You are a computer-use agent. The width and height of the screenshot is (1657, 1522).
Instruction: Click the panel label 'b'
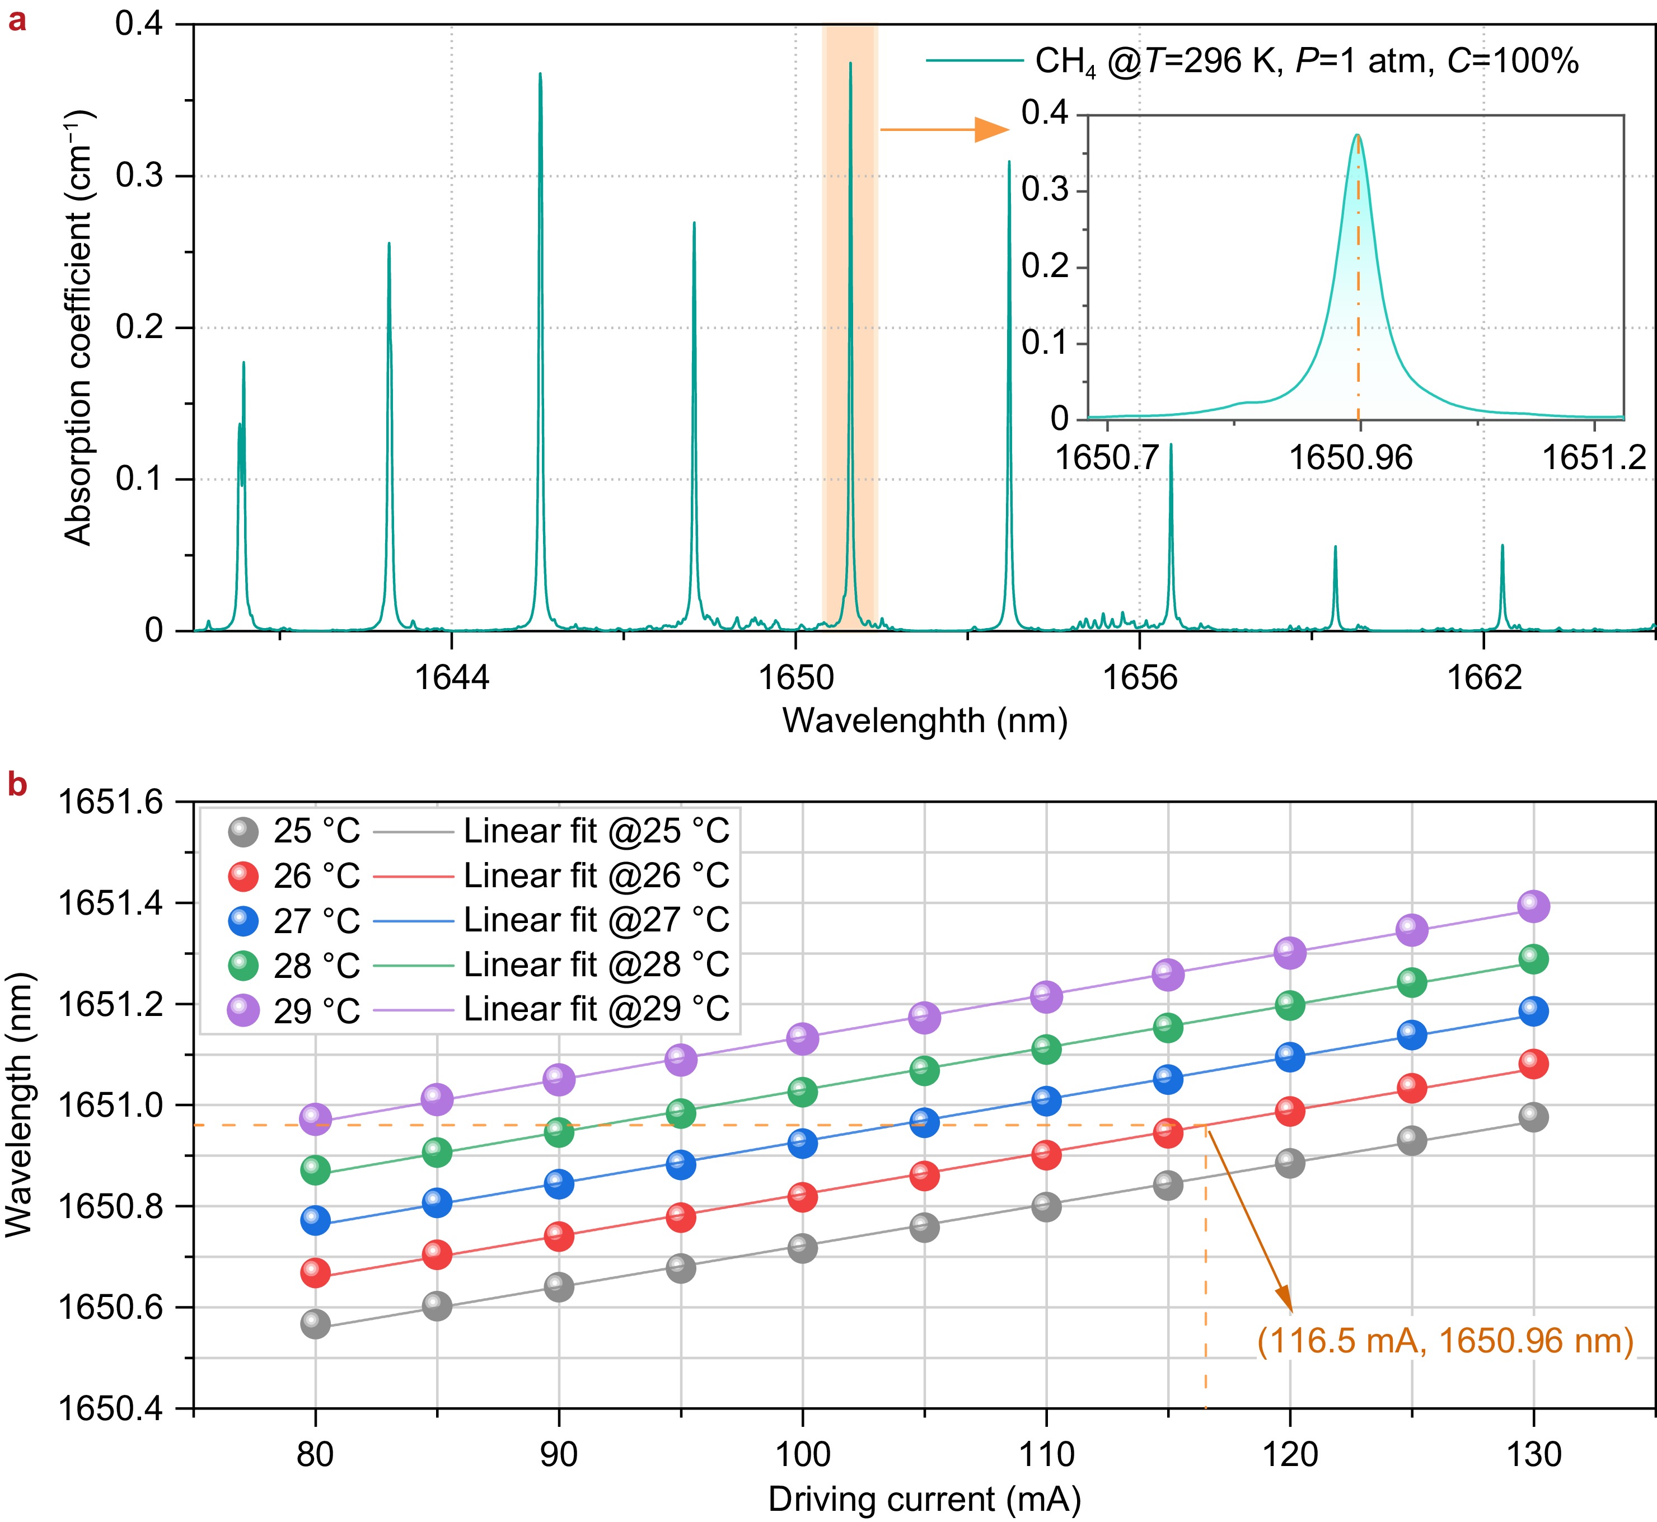click(x=16, y=785)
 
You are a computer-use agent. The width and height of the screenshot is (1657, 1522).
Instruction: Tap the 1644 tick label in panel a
click(x=451, y=677)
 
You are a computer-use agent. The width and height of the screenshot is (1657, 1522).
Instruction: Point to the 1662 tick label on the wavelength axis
click(x=1484, y=677)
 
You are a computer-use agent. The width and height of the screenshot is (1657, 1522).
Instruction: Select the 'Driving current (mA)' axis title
click(x=924, y=1499)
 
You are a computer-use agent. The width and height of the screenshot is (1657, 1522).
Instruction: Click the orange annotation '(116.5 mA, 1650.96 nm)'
click(x=1444, y=1341)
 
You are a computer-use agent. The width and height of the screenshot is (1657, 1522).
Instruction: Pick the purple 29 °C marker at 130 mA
click(x=1533, y=906)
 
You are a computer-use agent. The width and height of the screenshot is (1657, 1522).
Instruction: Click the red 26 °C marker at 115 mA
click(x=1168, y=1134)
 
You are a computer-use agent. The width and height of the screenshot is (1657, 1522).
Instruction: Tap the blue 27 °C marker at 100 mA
click(x=802, y=1143)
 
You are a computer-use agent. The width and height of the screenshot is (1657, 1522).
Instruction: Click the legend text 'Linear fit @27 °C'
click(x=596, y=920)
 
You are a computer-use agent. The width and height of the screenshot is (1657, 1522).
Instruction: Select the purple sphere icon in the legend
click(x=243, y=1010)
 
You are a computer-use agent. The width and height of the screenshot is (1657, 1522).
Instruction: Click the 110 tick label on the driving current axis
click(x=1046, y=1454)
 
